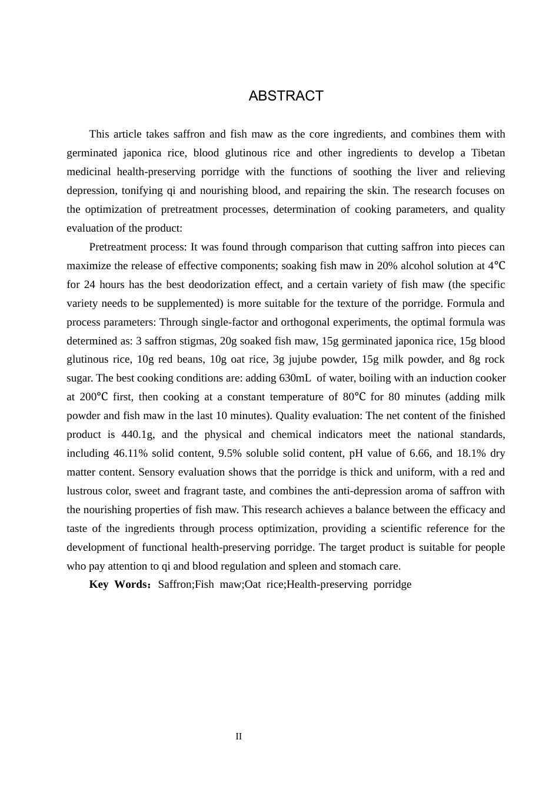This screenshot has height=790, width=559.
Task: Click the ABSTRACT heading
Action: (286, 96)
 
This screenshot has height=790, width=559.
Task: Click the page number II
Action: (238, 737)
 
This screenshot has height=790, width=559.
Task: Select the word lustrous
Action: (87, 491)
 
